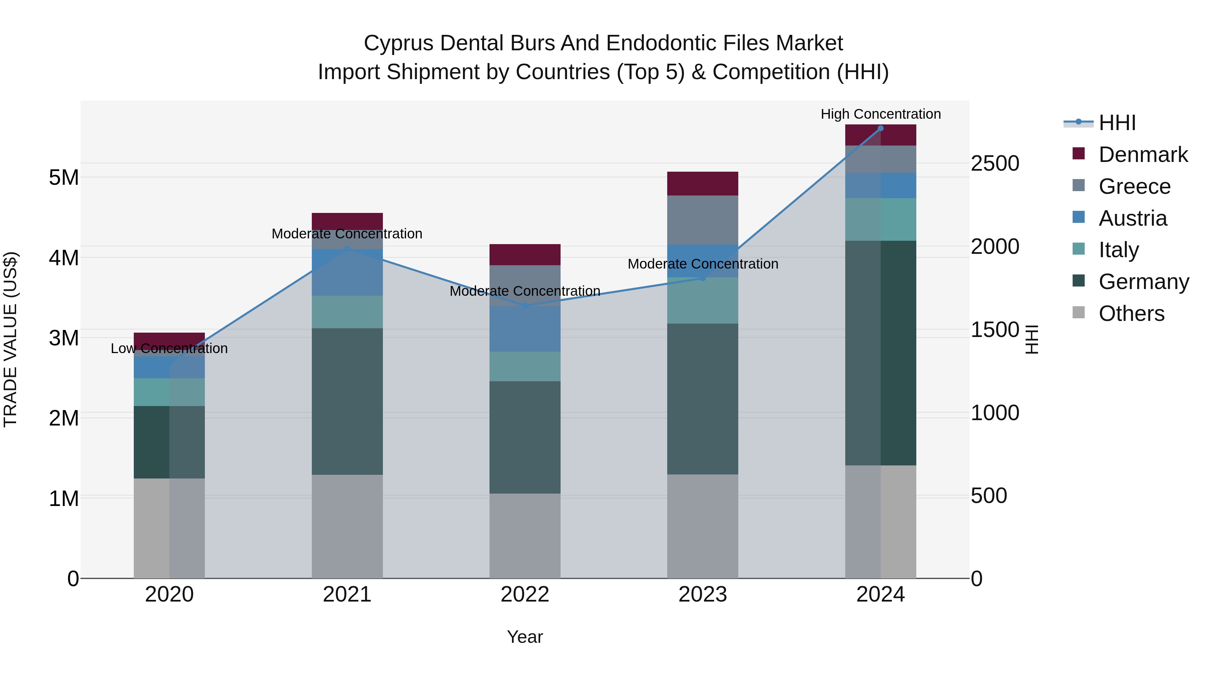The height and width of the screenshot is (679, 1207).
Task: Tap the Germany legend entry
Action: tap(1143, 282)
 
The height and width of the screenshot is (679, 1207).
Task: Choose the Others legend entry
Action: tap(1131, 314)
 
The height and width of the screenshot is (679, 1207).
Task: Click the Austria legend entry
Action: tap(1133, 218)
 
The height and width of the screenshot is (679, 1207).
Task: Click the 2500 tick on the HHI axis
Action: tap(995, 164)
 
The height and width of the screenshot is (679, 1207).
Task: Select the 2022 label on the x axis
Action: tap(525, 595)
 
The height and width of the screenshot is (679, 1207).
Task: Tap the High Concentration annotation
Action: tap(880, 114)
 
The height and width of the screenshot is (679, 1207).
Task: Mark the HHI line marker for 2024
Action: tap(880, 128)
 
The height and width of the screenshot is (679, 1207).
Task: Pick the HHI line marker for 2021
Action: tap(347, 249)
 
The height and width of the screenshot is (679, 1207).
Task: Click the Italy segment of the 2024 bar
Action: tap(880, 219)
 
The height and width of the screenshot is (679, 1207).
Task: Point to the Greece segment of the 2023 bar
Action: tap(702, 220)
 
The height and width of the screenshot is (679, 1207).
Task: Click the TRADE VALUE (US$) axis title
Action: tap(10, 339)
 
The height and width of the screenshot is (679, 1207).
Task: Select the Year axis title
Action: tap(525, 637)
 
